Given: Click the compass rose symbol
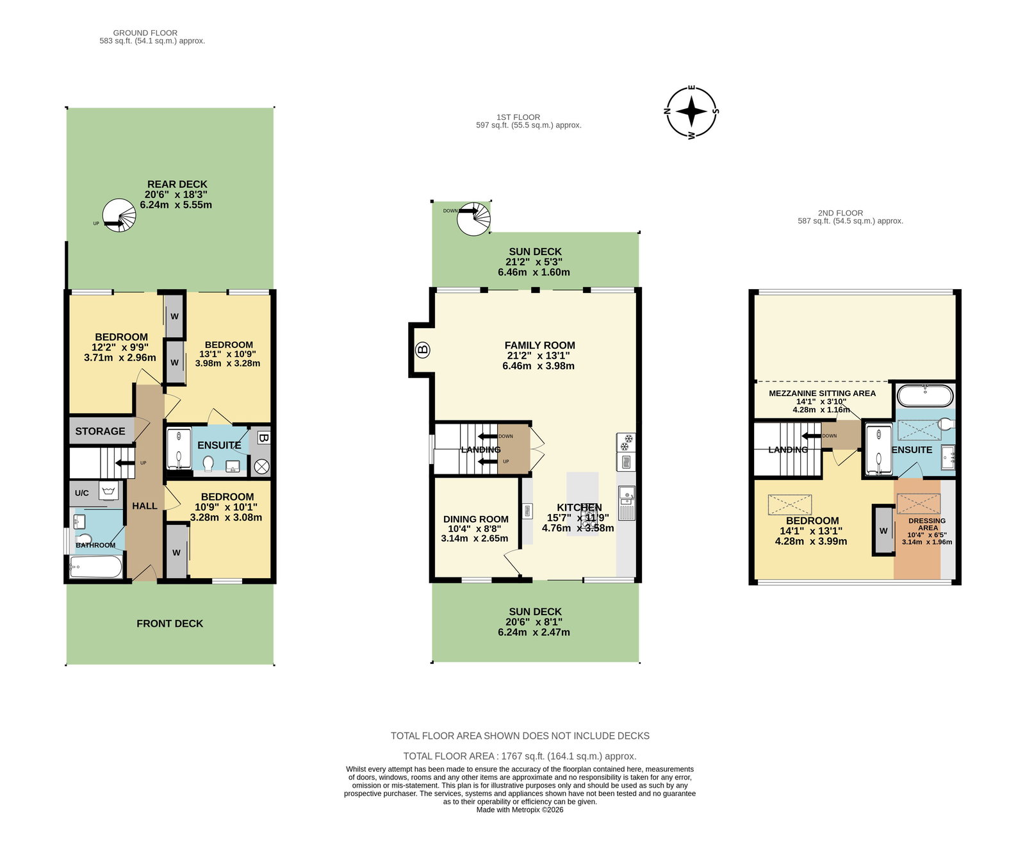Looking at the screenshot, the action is (691, 112).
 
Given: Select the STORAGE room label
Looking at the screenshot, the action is (100, 431).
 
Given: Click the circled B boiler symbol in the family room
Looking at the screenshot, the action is (422, 350).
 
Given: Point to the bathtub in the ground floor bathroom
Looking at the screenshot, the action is (96, 567).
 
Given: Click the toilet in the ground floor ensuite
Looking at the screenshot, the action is (208, 463).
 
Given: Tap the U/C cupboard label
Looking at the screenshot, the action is (82, 493).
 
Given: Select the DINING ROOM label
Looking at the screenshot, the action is (476, 519).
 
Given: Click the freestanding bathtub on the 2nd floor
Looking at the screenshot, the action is (924, 395).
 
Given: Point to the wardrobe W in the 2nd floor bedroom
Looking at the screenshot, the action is (883, 531).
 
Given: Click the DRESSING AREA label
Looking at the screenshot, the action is (927, 524).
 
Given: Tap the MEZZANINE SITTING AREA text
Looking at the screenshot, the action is (822, 393).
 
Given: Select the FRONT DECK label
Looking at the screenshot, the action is (170, 624).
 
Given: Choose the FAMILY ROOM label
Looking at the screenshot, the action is (540, 345).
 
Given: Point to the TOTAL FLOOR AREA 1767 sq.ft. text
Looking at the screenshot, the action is (520, 756).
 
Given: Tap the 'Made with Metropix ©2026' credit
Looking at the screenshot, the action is (520, 810).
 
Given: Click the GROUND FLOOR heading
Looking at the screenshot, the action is (145, 33).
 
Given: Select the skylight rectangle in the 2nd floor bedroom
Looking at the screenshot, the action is (789, 504).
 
